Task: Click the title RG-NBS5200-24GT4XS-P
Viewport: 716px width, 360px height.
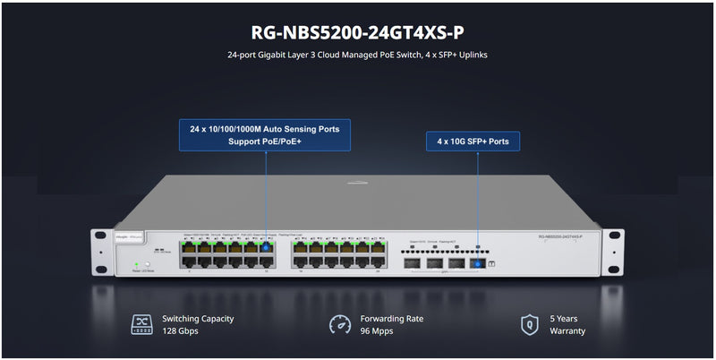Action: coord(358,32)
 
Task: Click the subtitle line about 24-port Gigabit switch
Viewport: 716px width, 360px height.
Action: coord(358,56)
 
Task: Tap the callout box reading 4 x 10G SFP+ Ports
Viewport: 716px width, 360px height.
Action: coord(472,141)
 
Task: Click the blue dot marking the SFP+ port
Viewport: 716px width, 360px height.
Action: coord(477,264)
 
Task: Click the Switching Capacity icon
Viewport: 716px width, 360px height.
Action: coord(141,324)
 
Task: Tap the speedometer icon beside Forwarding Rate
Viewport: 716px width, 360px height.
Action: coord(340,324)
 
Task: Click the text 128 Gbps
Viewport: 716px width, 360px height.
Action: coord(180,331)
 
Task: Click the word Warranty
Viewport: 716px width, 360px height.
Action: coord(568,331)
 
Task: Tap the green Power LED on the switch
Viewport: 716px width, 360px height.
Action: coord(136,264)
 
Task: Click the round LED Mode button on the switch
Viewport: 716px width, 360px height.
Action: coord(149,264)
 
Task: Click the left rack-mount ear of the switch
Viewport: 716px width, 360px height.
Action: coord(101,251)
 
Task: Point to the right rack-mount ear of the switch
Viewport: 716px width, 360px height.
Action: coord(615,251)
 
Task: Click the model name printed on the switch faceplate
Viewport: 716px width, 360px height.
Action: coord(560,236)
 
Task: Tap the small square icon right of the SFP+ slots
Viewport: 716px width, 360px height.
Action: coord(495,265)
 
